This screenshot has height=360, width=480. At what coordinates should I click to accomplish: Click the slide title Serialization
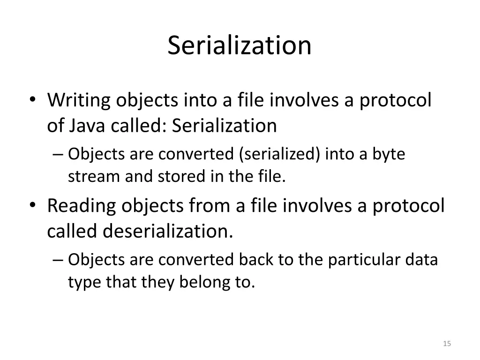click(x=240, y=45)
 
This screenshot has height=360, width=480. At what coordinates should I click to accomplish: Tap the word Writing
click(x=78, y=100)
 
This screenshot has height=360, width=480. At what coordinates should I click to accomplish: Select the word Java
click(x=88, y=125)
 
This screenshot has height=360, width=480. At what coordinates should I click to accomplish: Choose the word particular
click(x=357, y=259)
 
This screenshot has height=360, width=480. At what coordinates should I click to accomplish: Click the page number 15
click(x=447, y=344)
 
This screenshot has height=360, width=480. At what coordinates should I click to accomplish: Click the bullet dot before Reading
click(x=32, y=207)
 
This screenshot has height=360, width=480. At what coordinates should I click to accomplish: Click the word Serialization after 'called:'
click(x=225, y=125)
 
